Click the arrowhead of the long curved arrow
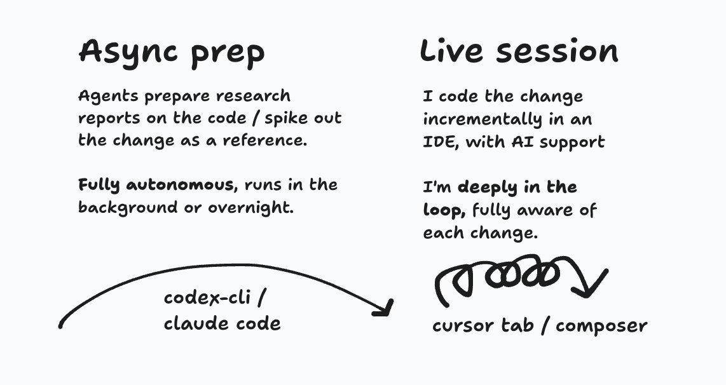[x=383, y=307]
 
